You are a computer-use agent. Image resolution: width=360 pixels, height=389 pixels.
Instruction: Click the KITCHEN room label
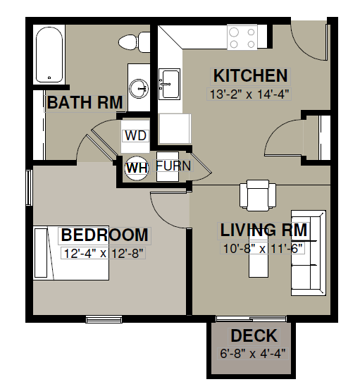coord(250,75)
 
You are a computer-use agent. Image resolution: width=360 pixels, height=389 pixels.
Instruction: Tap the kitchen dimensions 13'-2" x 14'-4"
coord(249,94)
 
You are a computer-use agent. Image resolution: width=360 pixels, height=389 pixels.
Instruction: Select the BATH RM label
coord(85,102)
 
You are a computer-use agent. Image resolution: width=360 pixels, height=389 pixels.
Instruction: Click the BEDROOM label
coord(105,235)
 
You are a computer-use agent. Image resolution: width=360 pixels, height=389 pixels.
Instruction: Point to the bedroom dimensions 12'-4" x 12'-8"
coord(104,253)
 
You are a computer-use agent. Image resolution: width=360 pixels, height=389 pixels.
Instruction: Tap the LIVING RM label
coord(263,230)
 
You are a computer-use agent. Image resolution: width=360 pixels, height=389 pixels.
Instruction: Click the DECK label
coord(254,335)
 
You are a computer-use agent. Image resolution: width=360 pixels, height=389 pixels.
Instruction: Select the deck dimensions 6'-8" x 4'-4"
coord(253,353)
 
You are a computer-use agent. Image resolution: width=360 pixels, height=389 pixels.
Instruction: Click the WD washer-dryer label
coord(136,136)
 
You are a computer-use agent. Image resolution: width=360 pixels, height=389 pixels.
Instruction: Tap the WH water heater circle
coord(137,168)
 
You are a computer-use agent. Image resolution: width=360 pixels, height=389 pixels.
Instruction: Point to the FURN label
coord(173,166)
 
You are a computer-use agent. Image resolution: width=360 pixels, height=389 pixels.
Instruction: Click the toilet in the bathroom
coord(134,42)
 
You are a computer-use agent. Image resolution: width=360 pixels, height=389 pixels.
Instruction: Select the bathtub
coord(49,54)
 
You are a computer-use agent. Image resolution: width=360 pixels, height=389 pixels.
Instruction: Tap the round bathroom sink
coord(139,89)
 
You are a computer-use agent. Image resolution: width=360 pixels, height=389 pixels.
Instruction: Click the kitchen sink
coord(169,84)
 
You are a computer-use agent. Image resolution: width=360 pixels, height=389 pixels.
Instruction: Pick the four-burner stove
coord(242,37)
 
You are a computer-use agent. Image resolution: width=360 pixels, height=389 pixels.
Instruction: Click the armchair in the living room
coord(258,195)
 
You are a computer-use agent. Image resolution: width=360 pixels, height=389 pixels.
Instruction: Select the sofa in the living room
coord(309,253)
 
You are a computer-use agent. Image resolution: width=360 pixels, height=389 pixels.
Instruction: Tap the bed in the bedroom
coord(71,253)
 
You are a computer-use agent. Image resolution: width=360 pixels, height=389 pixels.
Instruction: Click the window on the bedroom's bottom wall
coord(104,319)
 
